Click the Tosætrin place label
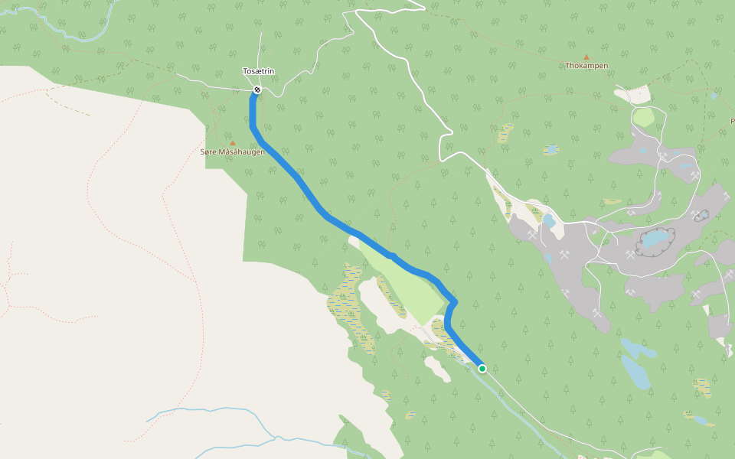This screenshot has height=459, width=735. [x=259, y=71]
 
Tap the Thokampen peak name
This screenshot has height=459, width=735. [x=586, y=66]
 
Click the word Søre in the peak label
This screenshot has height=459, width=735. [x=207, y=152]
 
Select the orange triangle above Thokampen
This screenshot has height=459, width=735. [x=586, y=57]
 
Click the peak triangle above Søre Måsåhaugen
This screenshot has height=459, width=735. [x=233, y=143]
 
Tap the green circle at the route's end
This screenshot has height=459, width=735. [x=482, y=369]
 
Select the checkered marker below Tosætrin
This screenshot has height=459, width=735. [x=257, y=90]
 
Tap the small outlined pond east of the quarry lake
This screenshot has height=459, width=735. [x=701, y=216]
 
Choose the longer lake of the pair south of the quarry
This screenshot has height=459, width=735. [x=636, y=372]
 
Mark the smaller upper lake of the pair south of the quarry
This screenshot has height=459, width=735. [x=639, y=349]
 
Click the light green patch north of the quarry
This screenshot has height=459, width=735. [x=644, y=118]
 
